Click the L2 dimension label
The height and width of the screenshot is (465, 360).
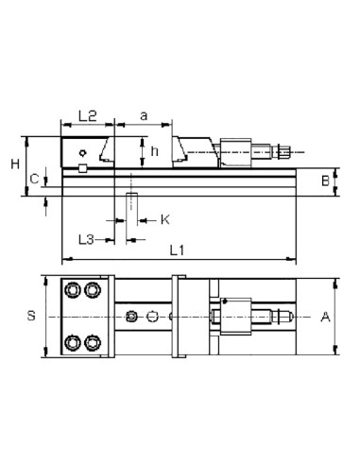pyautogui.click(x=88, y=116)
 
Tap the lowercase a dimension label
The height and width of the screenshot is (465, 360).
pyautogui.click(x=144, y=116)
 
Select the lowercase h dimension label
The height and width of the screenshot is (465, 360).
pyautogui.click(x=154, y=151)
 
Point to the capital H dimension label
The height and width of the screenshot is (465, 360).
pyautogui.click(x=15, y=164)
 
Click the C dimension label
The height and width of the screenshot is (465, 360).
pyautogui.click(x=34, y=180)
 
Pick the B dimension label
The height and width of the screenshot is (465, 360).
pyautogui.click(x=325, y=181)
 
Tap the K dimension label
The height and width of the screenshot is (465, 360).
pyautogui.click(x=165, y=219)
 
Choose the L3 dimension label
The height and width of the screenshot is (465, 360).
pyautogui.click(x=86, y=240)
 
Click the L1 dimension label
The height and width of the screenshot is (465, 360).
pyautogui.click(x=177, y=250)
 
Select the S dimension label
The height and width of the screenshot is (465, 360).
pyautogui.click(x=31, y=316)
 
